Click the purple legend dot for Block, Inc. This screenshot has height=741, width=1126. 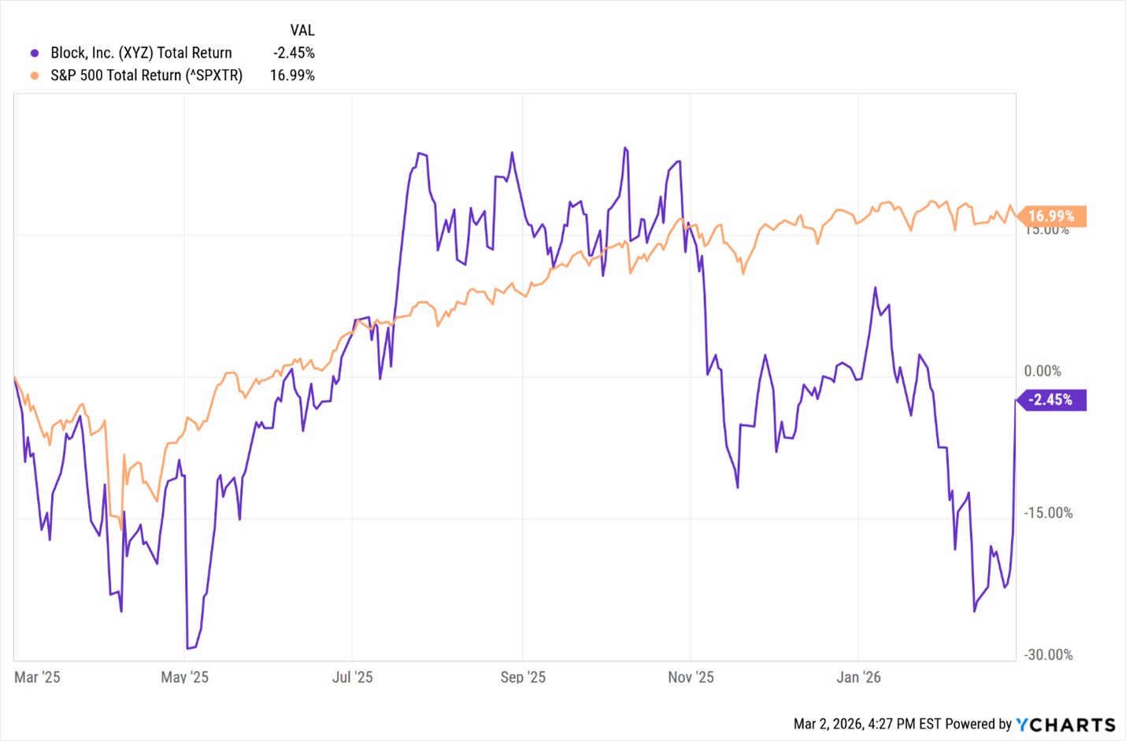point(35,54)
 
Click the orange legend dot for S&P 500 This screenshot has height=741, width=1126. point(35,76)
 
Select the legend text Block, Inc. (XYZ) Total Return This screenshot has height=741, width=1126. point(141,53)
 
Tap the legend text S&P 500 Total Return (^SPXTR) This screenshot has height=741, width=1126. point(146,76)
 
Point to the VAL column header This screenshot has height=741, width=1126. point(302,30)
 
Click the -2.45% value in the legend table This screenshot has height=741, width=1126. point(294,53)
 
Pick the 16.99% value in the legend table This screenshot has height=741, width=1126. point(292,76)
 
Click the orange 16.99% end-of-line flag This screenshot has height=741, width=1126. point(1051,216)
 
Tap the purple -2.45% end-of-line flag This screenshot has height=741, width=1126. point(1051,400)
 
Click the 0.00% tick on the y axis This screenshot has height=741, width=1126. point(1043,371)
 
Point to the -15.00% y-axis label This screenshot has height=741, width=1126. point(1047,513)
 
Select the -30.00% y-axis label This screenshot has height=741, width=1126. point(1047,654)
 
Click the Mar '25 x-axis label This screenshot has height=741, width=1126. point(37,677)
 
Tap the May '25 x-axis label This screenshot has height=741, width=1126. point(184,677)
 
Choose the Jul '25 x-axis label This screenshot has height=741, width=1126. point(352,677)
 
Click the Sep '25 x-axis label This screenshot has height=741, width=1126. point(523,677)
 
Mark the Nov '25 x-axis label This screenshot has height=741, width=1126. point(691,677)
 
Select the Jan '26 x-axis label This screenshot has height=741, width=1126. point(858,677)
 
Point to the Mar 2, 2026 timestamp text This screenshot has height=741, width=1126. point(867,724)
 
